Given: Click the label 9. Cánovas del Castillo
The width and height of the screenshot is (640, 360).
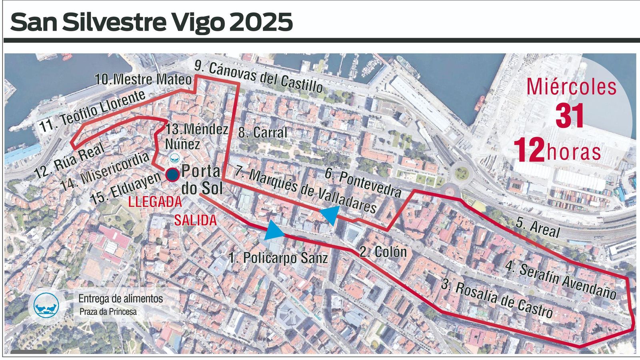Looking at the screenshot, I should [x=259, y=78].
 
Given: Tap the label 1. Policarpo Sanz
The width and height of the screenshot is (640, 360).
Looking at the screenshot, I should [x=278, y=258].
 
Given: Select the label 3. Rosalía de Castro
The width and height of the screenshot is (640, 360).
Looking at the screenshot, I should [x=497, y=299].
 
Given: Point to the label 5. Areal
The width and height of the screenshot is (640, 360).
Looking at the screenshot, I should [x=538, y=228].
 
